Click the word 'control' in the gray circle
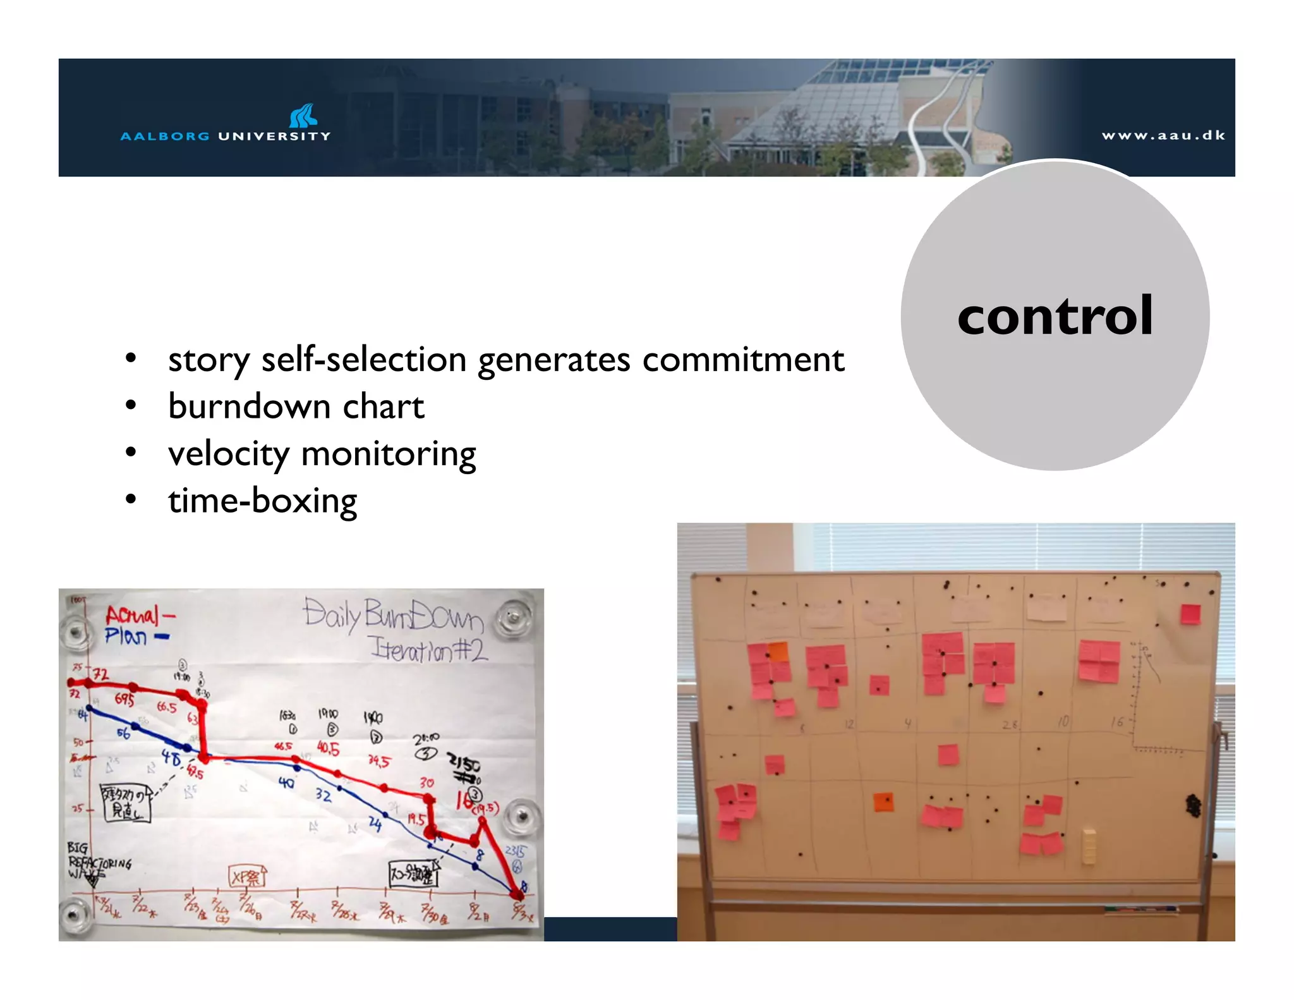pyautogui.click(x=1055, y=316)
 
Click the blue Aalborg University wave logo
pyautogui.click(x=303, y=116)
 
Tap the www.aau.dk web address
pyautogui.click(x=1163, y=135)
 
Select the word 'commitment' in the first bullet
pyautogui.click(x=743, y=360)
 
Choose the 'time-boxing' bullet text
pyautogui.click(x=262, y=501)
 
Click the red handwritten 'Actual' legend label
pyautogui.click(x=133, y=615)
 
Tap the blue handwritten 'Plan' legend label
pyautogui.click(x=126, y=636)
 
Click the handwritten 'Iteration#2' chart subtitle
pyautogui.click(x=429, y=649)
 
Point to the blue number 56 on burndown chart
pyautogui.click(x=123, y=733)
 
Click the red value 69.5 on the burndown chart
pyautogui.click(x=124, y=700)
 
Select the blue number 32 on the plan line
pyautogui.click(x=323, y=795)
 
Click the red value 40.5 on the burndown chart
pyautogui.click(x=328, y=749)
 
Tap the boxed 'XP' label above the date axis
pyautogui.click(x=247, y=877)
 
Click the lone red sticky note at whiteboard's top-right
pyautogui.click(x=1190, y=614)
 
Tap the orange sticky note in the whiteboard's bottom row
pyautogui.click(x=883, y=802)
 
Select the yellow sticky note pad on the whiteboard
pyautogui.click(x=1089, y=846)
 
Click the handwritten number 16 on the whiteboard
pyautogui.click(x=1117, y=722)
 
